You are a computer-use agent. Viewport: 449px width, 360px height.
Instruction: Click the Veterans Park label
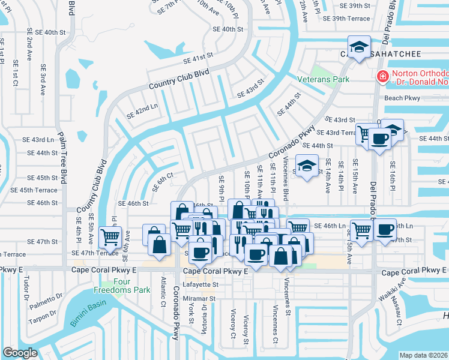click(324, 79)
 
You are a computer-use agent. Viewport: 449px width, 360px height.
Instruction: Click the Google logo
click(20, 352)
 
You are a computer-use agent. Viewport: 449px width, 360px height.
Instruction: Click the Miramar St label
click(199, 298)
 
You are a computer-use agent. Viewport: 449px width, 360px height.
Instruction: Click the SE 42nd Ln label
click(142, 110)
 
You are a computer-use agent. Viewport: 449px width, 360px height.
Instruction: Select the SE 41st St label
click(199, 56)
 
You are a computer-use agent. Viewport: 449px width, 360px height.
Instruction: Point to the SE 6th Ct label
click(162, 181)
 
